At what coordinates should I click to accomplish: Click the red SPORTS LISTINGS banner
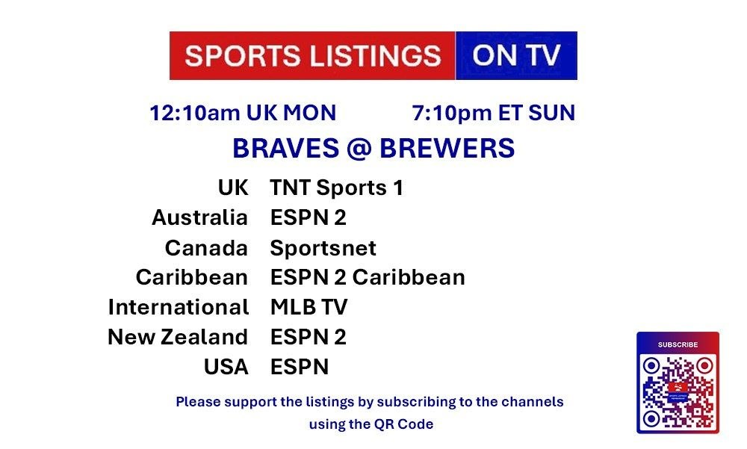(312, 56)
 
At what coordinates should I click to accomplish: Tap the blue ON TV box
(516, 56)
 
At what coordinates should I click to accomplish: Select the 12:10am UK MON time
(243, 113)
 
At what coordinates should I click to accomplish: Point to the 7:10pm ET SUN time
(494, 113)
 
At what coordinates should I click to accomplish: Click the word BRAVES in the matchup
(286, 148)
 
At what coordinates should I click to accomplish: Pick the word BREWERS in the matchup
(447, 148)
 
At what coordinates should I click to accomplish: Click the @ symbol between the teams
(359, 148)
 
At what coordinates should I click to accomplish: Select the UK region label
(233, 188)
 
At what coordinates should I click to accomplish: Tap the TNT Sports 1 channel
(337, 188)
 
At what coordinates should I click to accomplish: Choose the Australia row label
(199, 218)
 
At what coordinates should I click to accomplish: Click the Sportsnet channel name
(323, 248)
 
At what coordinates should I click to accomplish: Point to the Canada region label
(206, 248)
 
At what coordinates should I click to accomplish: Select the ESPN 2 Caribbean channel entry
(368, 277)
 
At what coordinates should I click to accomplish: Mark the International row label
(179, 307)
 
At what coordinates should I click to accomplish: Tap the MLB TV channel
(309, 307)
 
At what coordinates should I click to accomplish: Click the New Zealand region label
(178, 337)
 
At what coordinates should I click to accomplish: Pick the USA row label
(226, 367)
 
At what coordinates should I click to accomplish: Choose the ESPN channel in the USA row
(300, 367)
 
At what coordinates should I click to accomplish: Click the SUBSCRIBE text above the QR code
(678, 344)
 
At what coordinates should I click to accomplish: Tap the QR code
(678, 391)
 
